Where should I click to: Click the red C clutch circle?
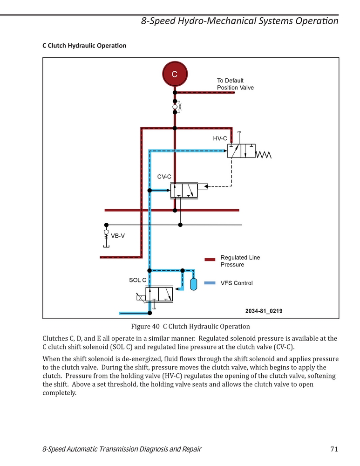(x=175, y=74)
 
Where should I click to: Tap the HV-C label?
(x=220, y=138)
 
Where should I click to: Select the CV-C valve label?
(x=164, y=177)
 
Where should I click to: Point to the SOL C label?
(x=137, y=280)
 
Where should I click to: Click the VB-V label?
(x=118, y=236)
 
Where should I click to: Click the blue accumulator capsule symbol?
(x=194, y=284)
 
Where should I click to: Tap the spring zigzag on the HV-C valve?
(x=263, y=155)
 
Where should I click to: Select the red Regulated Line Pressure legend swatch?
(x=210, y=260)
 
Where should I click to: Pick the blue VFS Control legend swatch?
(x=210, y=283)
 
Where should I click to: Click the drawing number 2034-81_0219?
(x=264, y=311)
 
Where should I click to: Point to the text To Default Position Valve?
(x=235, y=84)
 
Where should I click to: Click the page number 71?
(x=334, y=449)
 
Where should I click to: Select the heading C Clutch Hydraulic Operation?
(x=84, y=46)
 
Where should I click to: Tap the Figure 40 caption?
(x=190, y=326)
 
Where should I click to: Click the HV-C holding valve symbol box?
(x=242, y=151)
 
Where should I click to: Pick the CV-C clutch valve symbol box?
(x=184, y=191)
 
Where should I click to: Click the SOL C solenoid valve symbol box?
(x=159, y=294)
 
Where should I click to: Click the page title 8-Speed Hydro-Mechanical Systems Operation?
(x=240, y=21)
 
